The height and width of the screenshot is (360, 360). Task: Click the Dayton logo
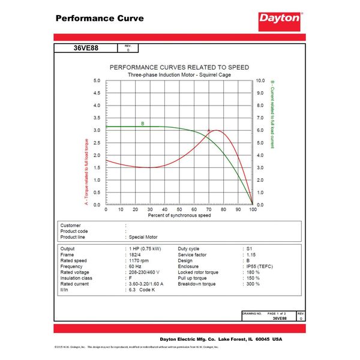pos(280,19)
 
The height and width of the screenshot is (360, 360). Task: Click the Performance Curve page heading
pos(100,18)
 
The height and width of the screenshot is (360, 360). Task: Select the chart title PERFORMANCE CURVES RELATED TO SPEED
pos(179,67)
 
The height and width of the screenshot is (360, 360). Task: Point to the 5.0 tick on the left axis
pos(97,80)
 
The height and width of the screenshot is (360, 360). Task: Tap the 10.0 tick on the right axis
pos(260,80)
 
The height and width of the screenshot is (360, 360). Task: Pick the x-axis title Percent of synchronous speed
pos(179,215)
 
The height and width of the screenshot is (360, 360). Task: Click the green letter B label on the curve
pos(143,124)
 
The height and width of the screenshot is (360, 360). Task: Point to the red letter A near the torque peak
pos(209,130)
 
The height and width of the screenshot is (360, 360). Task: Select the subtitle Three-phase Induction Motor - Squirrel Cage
pos(179,74)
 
